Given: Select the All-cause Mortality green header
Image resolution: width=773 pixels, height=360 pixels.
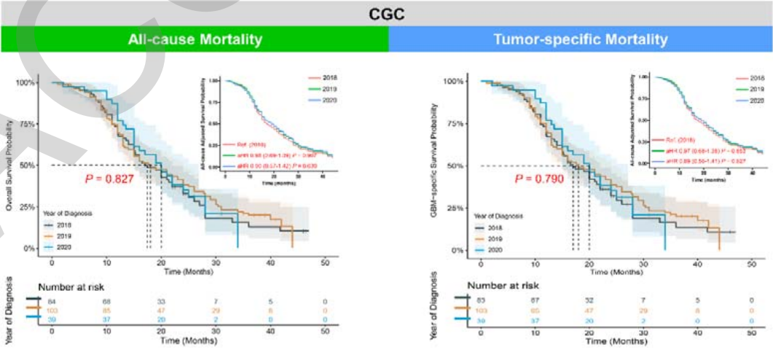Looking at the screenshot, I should click(x=194, y=39).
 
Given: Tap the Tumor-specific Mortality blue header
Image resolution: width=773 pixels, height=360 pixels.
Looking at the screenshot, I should click(x=580, y=39).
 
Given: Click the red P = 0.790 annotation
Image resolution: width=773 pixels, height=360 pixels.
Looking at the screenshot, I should click(x=540, y=179).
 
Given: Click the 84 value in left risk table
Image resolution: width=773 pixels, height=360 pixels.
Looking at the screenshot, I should click(x=52, y=300).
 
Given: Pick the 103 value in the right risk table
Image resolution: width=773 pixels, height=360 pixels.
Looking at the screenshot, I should click(x=480, y=310).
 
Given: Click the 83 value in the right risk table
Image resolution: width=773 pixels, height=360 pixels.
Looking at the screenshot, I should click(x=480, y=300).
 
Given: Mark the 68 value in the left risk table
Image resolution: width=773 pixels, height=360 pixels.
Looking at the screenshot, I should click(x=106, y=300).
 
